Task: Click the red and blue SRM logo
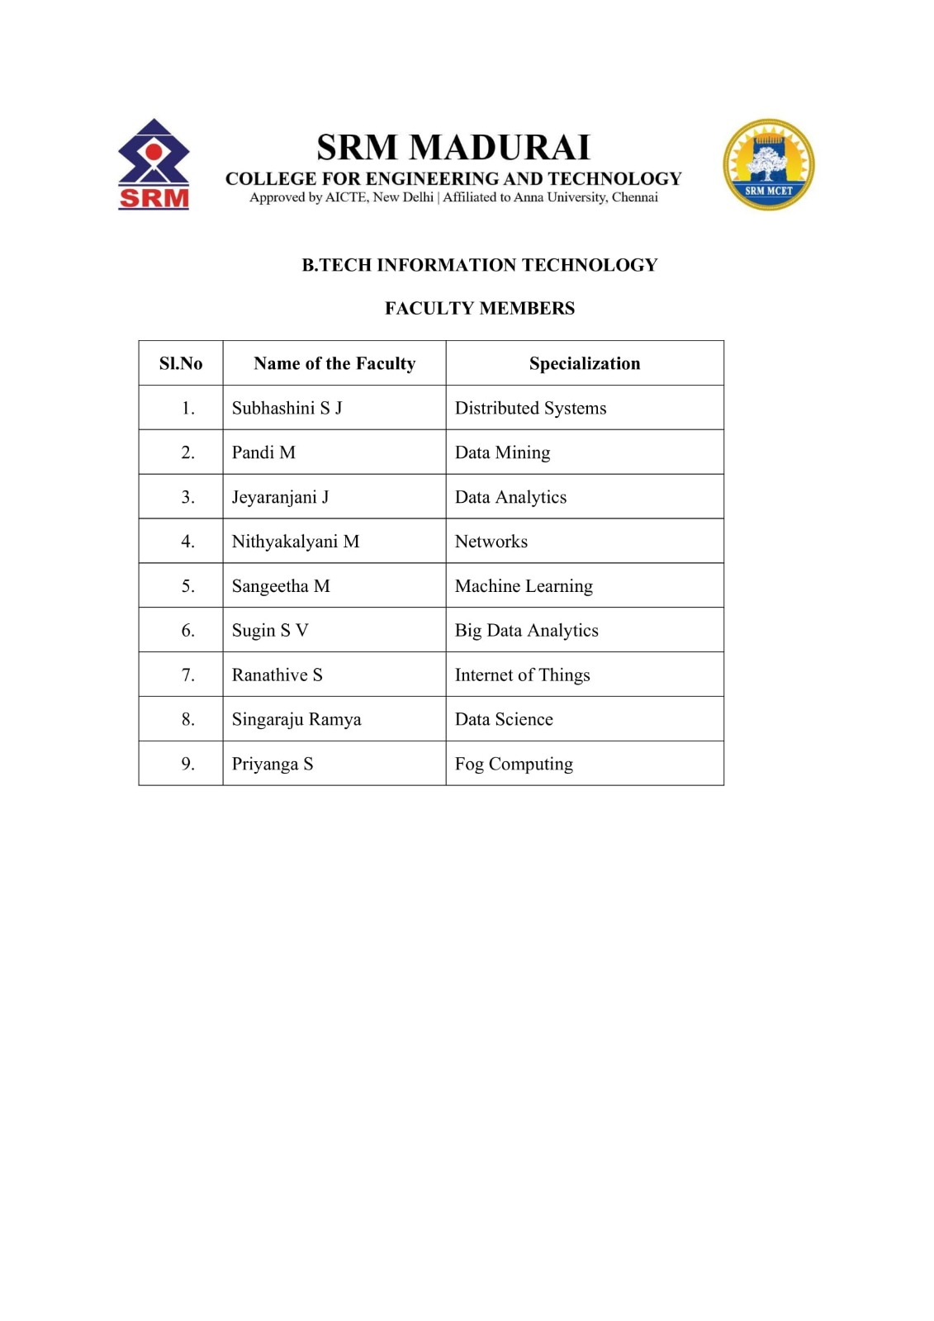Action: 154,164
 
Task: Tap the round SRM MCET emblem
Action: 768,164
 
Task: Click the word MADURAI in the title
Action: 500,148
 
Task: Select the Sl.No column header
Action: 181,363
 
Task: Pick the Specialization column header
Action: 585,363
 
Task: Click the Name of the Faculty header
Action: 334,363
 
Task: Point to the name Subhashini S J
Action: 287,408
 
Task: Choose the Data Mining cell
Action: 502,452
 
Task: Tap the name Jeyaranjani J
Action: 280,497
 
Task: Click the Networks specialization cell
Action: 491,542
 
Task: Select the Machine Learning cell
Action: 524,586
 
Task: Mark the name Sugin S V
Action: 270,631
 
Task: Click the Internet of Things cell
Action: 522,675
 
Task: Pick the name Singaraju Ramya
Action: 296,720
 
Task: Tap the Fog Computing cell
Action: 514,765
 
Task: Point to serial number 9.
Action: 188,765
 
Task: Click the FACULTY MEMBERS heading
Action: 480,308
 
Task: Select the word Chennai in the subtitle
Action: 634,197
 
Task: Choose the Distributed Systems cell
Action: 530,408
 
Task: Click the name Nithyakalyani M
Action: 296,542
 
